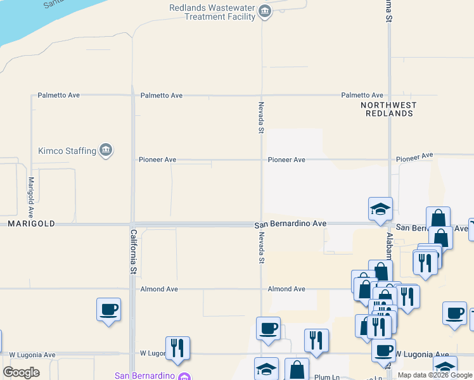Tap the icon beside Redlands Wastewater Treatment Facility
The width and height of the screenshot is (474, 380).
click(x=266, y=11)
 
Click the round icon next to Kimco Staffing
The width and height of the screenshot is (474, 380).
click(x=106, y=150)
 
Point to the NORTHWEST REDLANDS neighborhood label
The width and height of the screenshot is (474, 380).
click(x=389, y=109)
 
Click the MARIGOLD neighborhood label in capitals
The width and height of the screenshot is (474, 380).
click(x=31, y=224)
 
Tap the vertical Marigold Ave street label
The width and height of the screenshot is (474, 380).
click(x=30, y=198)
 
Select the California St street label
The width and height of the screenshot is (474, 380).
click(x=134, y=251)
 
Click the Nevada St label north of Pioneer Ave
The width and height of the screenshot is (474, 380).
click(x=260, y=117)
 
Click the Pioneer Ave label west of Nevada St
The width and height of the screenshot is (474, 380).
click(x=157, y=160)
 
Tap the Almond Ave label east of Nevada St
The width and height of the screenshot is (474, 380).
click(x=286, y=289)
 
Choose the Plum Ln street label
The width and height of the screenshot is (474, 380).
click(x=326, y=377)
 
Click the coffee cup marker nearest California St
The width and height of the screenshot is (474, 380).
click(x=108, y=310)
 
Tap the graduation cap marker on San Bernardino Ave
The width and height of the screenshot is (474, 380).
click(x=381, y=209)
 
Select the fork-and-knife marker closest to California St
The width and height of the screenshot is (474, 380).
click(x=177, y=348)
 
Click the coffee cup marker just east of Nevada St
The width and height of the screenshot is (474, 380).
click(x=268, y=329)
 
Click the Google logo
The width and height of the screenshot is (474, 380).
click(x=21, y=372)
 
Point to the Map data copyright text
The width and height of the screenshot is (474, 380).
click(x=434, y=375)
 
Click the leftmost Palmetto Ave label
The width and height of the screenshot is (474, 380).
click(x=58, y=95)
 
